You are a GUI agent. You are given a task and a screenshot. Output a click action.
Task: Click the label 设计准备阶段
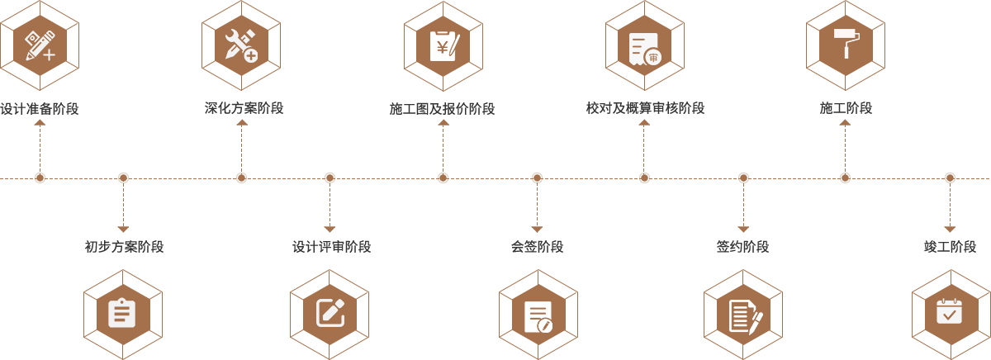tap(40, 108)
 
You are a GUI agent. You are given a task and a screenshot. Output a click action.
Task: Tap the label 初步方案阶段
tap(124, 246)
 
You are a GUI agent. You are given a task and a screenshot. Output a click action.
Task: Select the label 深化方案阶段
tap(244, 108)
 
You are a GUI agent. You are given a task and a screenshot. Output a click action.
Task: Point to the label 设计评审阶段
tap(331, 246)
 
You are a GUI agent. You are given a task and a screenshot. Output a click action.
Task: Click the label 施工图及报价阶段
tap(443, 108)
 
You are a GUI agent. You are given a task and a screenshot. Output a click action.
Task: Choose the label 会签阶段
tap(537, 246)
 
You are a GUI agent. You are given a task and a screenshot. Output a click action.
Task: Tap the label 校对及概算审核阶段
tap(645, 108)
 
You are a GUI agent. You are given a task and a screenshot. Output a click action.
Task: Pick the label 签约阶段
tap(742, 246)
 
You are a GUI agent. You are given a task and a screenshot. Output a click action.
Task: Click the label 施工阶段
tap(846, 108)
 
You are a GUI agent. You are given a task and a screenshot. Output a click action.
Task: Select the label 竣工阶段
tap(950, 246)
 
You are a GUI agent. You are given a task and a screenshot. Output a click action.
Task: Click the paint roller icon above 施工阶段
tap(846, 43)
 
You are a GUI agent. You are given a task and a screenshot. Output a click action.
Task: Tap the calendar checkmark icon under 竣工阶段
tap(949, 311)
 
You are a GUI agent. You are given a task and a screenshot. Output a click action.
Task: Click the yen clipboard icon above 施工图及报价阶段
tap(443, 45)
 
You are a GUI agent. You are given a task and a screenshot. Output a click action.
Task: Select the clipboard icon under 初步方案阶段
tap(121, 313)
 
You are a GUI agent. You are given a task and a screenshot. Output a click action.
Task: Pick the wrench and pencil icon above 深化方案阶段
tap(241, 45)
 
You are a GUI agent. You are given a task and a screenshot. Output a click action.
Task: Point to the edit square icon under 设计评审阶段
tap(331, 312)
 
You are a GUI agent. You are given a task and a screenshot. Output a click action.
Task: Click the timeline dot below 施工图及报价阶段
tap(443, 178)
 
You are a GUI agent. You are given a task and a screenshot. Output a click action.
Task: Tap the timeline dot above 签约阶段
tap(743, 178)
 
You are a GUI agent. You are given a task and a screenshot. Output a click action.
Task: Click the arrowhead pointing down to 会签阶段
tap(537, 229)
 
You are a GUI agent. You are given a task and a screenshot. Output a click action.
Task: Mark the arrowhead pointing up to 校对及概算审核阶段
tap(644, 122)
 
